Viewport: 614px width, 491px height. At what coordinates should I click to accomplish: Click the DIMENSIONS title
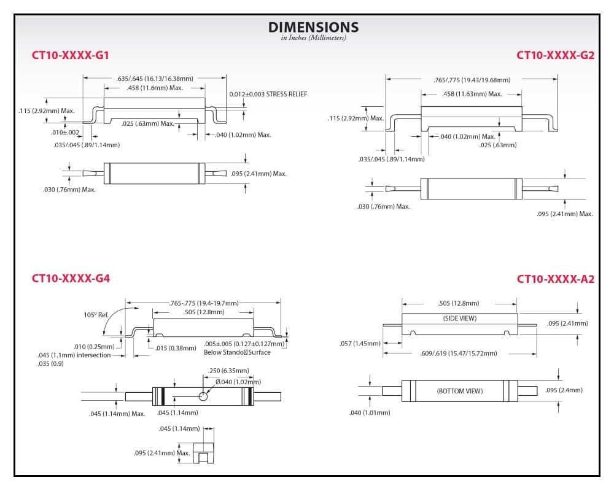click(x=313, y=27)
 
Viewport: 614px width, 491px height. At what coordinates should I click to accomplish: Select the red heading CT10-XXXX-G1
click(x=71, y=55)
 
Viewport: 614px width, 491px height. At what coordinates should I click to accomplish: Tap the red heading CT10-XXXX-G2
click(x=555, y=55)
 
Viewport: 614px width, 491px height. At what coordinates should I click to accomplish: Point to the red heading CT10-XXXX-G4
click(x=71, y=279)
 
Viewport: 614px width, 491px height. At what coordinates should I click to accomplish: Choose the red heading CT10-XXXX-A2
click(x=556, y=279)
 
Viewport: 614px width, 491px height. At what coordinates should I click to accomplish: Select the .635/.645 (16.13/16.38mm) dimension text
click(x=155, y=79)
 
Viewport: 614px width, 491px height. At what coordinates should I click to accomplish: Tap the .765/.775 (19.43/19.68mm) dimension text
click(x=472, y=80)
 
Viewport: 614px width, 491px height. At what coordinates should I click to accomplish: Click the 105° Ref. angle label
click(x=96, y=315)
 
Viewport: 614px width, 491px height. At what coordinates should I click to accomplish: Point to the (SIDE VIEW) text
click(x=460, y=319)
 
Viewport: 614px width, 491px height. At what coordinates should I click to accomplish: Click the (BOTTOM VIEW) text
click(x=460, y=391)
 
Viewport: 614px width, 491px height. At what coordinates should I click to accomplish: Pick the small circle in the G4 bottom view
click(x=203, y=396)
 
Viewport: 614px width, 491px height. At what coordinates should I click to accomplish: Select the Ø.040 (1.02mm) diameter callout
click(x=238, y=382)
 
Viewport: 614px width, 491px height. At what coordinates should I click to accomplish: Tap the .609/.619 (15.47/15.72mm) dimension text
click(x=459, y=353)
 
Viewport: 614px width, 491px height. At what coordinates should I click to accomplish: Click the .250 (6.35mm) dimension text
click(x=228, y=371)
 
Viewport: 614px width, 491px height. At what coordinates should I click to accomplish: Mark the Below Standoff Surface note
click(x=237, y=352)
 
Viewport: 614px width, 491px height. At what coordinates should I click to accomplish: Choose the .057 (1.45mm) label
click(x=360, y=343)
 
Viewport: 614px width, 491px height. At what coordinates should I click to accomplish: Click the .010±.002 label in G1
click(x=65, y=133)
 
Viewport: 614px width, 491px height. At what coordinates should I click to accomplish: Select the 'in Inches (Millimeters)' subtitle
click(x=313, y=38)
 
